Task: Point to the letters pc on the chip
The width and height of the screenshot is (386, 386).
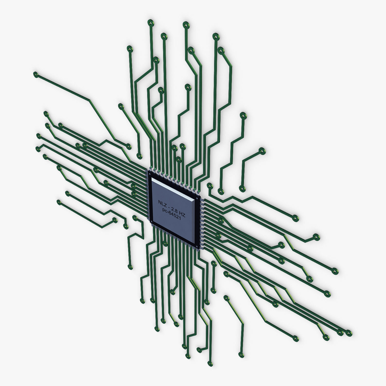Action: coord(165,210)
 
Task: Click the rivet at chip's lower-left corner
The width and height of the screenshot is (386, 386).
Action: coord(151,222)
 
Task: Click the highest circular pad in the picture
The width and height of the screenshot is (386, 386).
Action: coord(150,23)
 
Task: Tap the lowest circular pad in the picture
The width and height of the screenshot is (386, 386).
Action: coord(210,364)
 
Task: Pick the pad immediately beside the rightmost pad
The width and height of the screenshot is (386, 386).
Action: coord(340,332)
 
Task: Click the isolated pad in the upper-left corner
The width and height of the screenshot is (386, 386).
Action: coord(36,75)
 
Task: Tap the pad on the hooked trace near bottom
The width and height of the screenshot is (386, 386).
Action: coord(199,350)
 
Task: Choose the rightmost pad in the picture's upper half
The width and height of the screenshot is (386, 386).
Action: coord(262,151)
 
